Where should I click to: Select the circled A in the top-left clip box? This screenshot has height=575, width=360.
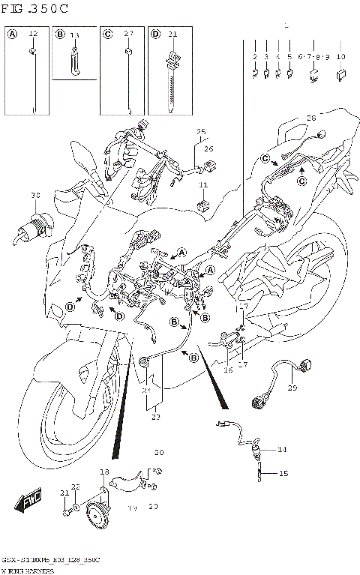[13, 34]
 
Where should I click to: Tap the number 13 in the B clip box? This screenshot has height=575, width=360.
[74, 35]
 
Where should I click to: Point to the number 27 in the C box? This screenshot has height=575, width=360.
[128, 34]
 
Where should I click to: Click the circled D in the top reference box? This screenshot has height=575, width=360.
[154, 34]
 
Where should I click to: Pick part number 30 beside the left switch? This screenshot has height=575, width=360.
[34, 196]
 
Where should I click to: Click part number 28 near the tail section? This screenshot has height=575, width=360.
[311, 118]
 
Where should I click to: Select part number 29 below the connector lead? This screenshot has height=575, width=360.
[292, 388]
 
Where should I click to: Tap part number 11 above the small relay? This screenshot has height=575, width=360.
[203, 184]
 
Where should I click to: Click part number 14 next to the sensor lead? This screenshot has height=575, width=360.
[282, 450]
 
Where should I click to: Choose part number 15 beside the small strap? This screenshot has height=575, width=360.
[283, 473]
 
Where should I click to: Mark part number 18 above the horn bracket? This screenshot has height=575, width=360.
[105, 472]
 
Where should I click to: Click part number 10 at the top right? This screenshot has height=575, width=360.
[340, 57]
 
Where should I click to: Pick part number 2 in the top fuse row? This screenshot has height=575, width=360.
[255, 57]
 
